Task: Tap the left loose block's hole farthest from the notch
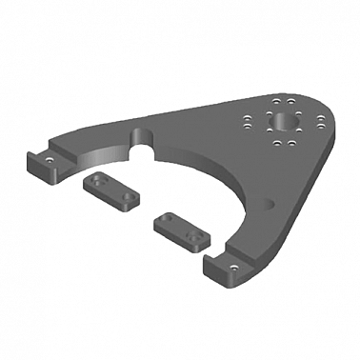tap(129, 196)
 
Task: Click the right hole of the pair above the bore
tap(290, 101)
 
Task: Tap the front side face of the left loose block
tap(108, 200)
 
